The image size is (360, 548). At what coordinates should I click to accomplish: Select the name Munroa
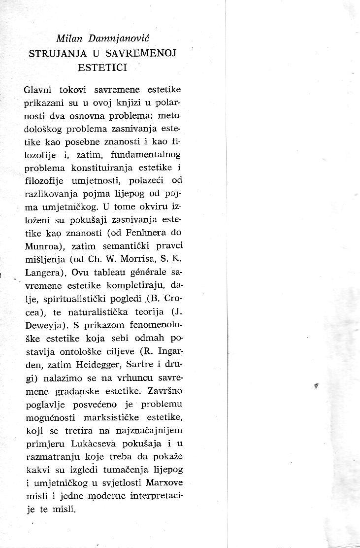(42, 245)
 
